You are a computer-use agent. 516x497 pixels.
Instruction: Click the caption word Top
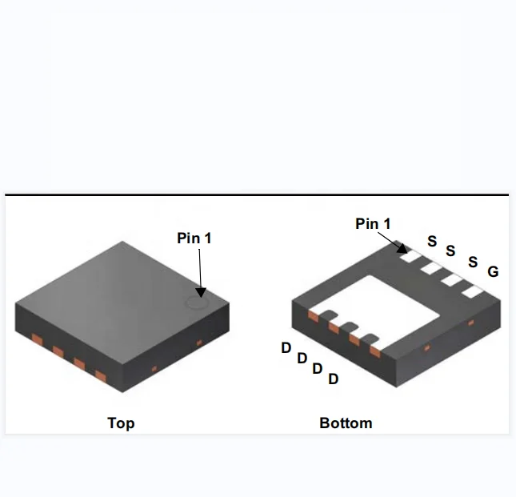121,423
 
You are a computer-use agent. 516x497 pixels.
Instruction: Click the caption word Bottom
346,423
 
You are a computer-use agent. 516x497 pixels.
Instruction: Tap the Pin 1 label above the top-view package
194,238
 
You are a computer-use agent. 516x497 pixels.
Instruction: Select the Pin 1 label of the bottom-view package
373,224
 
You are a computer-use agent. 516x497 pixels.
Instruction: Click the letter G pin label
493,272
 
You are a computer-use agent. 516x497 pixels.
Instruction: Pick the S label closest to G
473,263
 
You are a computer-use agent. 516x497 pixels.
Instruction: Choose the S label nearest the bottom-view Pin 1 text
432,241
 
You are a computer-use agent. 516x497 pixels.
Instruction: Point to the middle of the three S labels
450,251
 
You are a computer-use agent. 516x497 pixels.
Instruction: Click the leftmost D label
286,348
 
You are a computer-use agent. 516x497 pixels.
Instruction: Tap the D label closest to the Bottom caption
333,379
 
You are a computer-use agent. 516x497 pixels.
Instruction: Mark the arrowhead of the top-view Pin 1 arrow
200,293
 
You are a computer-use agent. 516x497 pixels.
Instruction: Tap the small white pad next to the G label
473,291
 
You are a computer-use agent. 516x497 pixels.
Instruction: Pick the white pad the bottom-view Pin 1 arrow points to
410,257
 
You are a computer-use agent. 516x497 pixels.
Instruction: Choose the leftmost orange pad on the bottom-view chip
313,317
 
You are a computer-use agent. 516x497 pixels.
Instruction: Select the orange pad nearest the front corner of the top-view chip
101,375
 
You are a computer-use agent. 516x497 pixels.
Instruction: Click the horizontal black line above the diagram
256,194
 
